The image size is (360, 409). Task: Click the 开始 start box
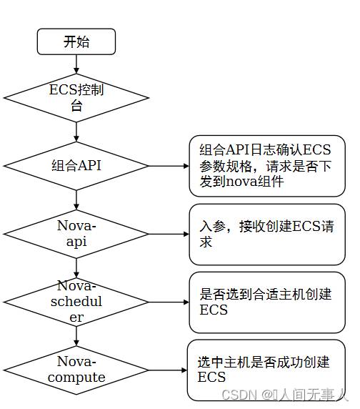pos(76,41)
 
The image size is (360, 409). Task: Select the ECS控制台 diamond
pos(76,98)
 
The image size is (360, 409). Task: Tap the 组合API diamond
pos(76,166)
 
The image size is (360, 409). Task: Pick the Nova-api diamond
pos(76,234)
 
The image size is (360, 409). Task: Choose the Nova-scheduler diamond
pos(76,302)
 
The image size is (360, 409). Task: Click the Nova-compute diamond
pos(76,370)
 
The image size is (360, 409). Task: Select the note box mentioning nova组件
pos(267,166)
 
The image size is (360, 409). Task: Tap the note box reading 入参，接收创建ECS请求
pos(267,235)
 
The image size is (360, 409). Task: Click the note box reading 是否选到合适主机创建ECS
pos(267,302)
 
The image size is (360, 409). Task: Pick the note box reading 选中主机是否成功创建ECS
pos(266,370)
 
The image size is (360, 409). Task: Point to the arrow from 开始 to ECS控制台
pos(76,64)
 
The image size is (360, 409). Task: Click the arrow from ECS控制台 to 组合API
pos(76,132)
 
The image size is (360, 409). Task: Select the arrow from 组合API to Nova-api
pos(76,200)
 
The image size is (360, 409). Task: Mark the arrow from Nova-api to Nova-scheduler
pos(76,268)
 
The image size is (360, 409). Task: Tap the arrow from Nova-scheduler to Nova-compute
pos(76,336)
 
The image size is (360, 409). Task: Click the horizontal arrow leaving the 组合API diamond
pos(169,166)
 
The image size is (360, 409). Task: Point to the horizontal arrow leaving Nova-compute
pos(168,370)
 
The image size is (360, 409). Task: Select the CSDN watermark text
pos(285,395)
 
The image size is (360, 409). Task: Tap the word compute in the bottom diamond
pos(76,378)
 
